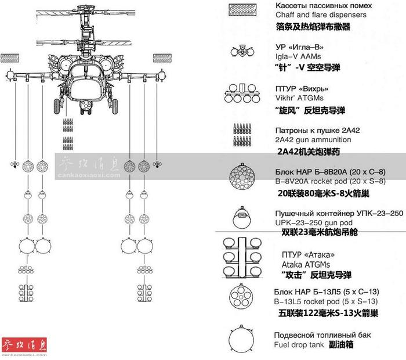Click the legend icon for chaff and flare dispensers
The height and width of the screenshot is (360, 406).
pos(242,10)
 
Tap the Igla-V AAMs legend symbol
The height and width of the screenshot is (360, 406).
pos(242,51)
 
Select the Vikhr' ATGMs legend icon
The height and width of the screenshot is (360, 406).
pos(242,93)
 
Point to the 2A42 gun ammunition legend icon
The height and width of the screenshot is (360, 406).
pos(242,135)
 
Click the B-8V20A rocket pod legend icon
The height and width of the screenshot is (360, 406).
pos(242,177)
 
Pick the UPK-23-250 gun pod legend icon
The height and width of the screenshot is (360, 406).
pos(242,217)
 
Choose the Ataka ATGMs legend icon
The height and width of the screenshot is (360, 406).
pos(242,258)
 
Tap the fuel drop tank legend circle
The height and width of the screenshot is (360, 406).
pos(241,339)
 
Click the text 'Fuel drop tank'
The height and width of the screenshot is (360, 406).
pos(299,345)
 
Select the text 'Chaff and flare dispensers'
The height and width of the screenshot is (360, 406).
pos(321,15)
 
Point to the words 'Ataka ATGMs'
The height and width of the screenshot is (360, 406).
pos(306,265)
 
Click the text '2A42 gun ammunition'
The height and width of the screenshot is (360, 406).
pos(313,140)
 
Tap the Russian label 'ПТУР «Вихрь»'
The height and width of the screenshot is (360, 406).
pos(302,89)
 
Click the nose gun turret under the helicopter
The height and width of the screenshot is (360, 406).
pos(85,106)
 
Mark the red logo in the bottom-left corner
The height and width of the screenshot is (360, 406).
pos(24,345)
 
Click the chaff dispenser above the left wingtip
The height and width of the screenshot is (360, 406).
pos(10,58)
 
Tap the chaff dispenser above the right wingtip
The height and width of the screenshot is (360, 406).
pos(162,58)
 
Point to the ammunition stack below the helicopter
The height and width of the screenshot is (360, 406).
pos(68,134)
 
